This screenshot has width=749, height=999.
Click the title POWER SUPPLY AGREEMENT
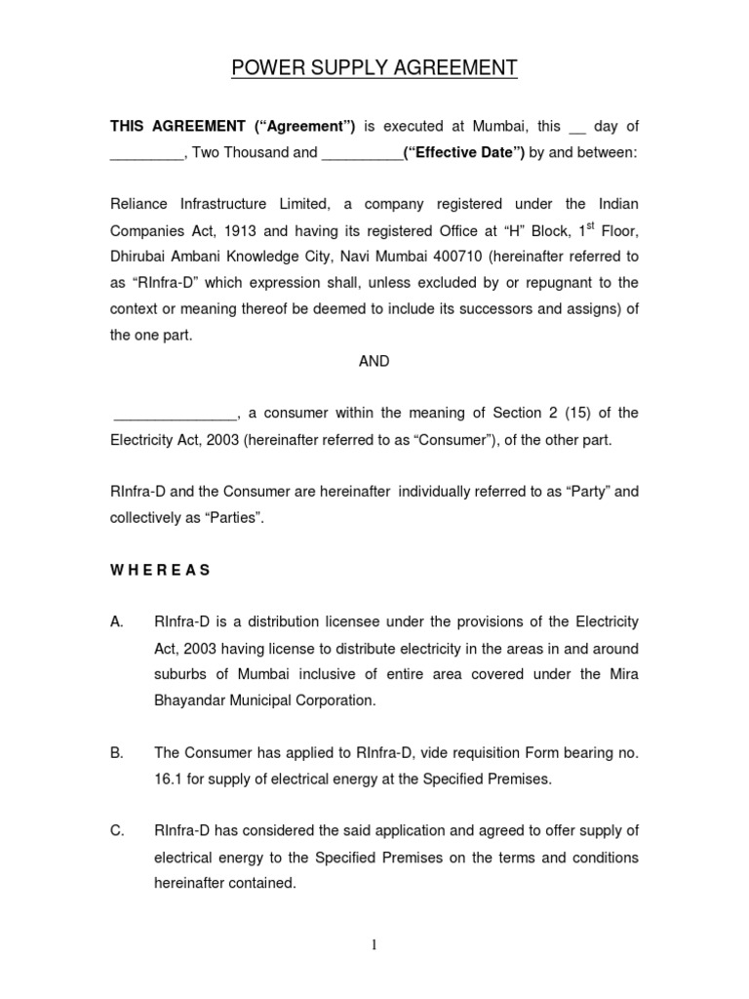pos(374,68)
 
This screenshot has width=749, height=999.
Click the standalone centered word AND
pos(374,361)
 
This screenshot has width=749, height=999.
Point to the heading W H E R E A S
pos(160,571)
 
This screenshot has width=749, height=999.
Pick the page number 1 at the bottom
pos(374,943)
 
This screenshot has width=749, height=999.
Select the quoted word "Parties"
pos(232,517)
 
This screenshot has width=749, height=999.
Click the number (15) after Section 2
pos(565,414)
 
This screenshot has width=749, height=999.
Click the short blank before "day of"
pos(576,128)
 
